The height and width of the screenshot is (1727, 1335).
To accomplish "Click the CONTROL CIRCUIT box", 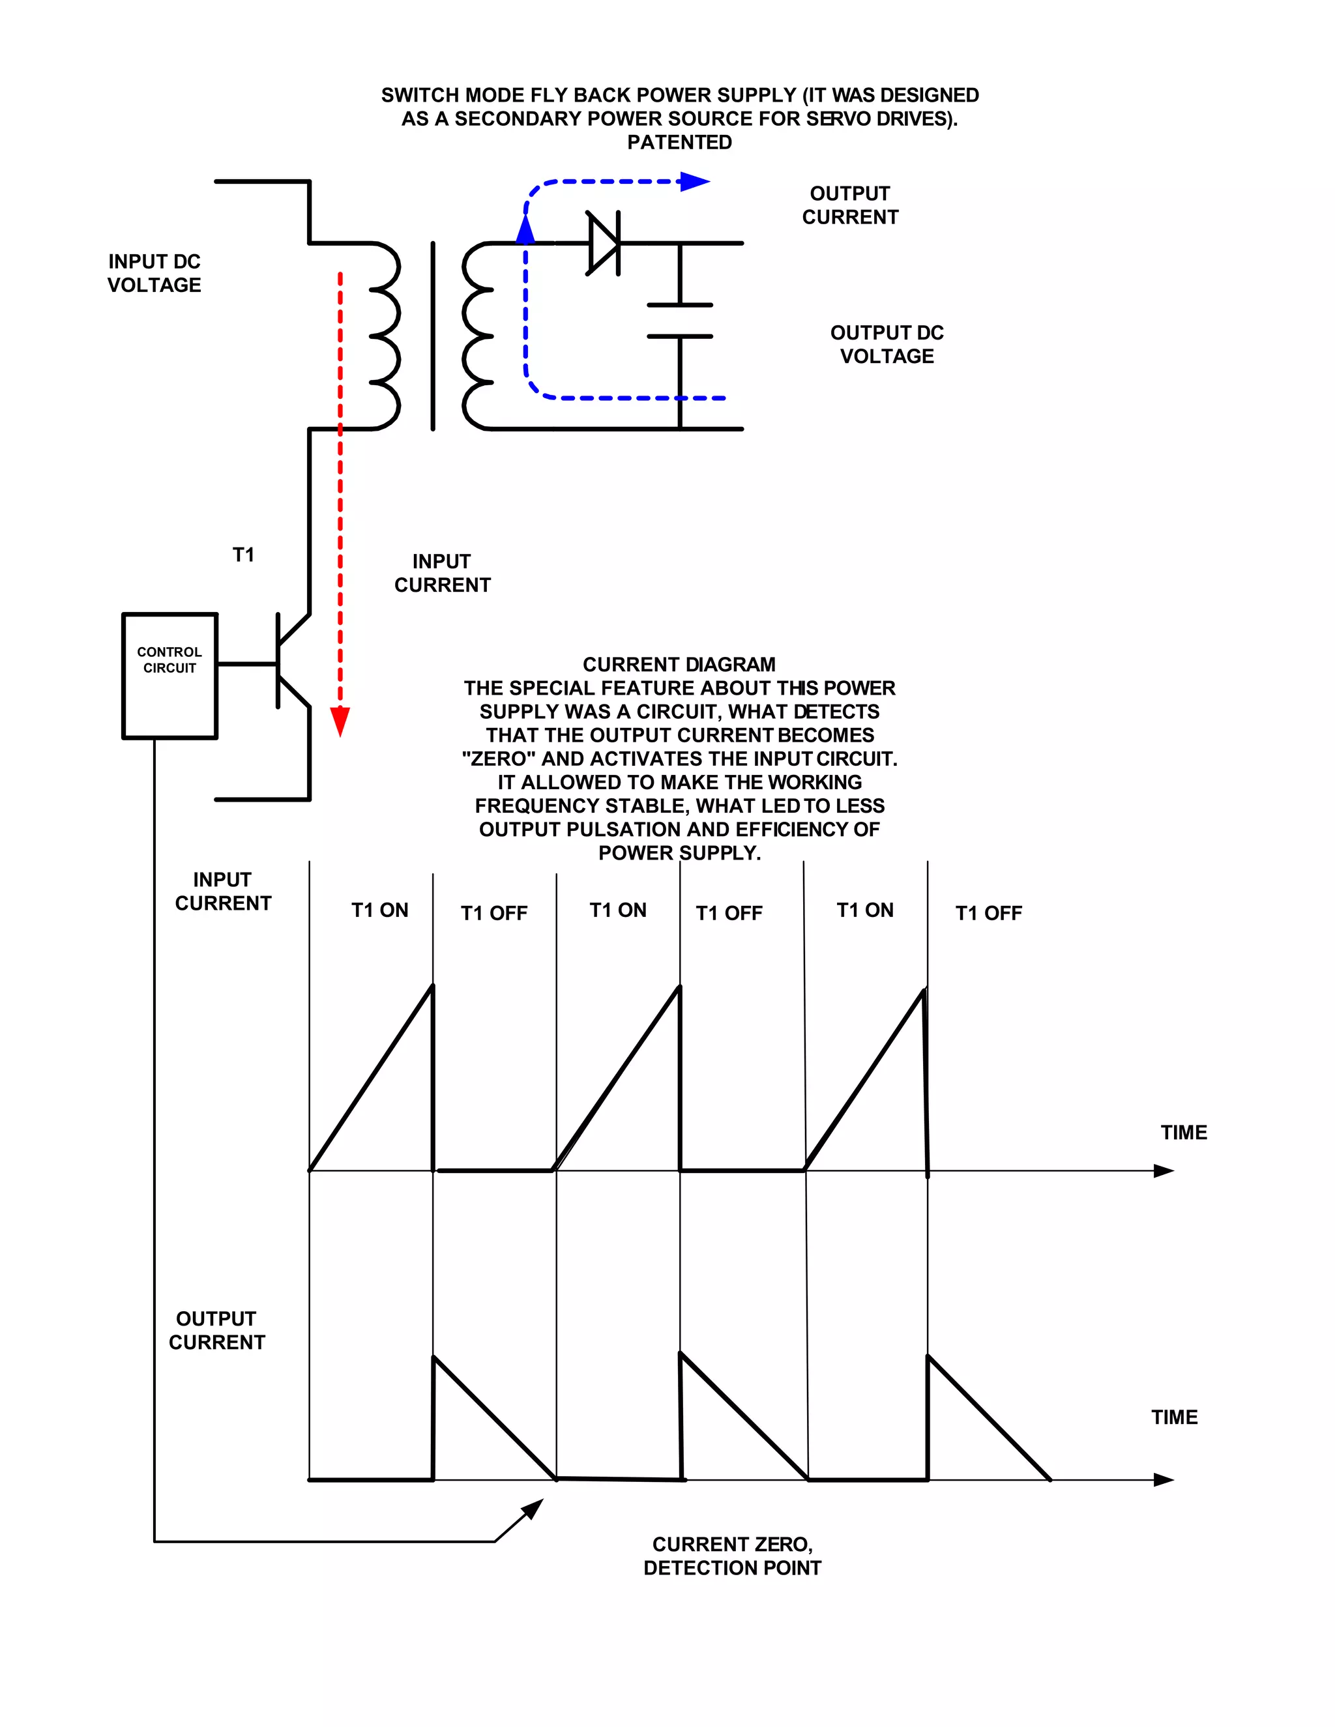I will (169, 675).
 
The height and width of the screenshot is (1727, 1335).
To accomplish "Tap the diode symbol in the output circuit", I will (604, 243).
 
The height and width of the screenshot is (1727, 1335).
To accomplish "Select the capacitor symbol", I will (679, 320).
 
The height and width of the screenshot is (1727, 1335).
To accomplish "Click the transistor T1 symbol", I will (289, 661).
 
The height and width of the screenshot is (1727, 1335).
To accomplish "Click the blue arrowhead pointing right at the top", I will (694, 182).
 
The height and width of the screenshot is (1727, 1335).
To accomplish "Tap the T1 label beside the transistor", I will (244, 555).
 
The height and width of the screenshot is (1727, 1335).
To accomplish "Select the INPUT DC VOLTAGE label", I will (154, 273).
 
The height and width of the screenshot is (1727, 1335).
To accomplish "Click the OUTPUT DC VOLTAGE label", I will (887, 344).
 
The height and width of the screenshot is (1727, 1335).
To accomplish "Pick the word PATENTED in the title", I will (679, 142).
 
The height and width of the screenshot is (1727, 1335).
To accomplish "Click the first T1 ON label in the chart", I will (379, 910).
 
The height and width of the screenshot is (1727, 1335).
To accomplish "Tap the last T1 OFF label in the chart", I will (989, 913).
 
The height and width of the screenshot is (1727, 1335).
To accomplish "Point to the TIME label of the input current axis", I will (1183, 1133).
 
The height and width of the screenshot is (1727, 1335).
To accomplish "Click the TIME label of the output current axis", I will (1173, 1417).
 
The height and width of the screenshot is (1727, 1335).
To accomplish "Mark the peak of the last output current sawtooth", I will (928, 1357).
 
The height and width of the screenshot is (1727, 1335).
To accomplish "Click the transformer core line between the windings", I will (433, 336).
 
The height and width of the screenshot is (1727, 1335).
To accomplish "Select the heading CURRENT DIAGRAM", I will (679, 664).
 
